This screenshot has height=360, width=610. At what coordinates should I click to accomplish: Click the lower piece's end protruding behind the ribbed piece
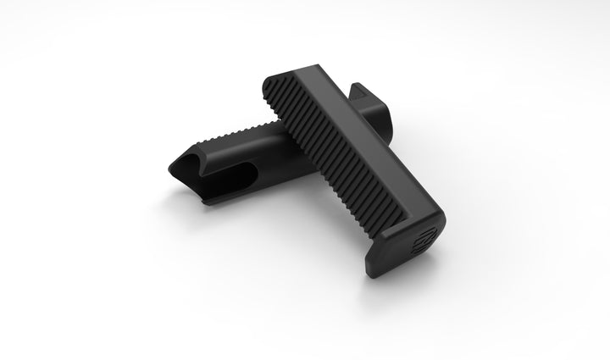click(372, 107)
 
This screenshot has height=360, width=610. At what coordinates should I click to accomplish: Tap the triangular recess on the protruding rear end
click(361, 91)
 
